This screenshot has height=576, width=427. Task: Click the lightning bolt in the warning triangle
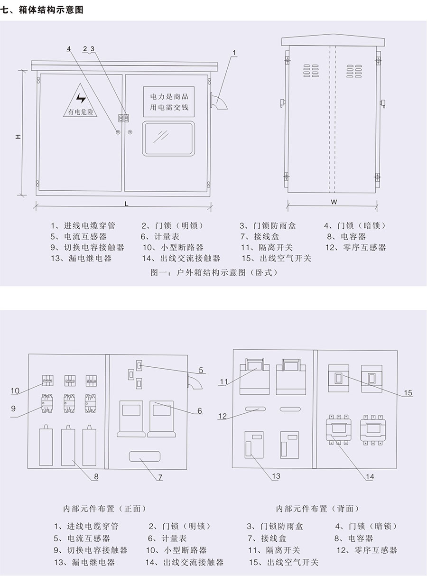tap(81, 98)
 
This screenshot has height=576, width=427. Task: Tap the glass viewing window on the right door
tap(168, 139)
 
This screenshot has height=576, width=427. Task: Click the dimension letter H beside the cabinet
tap(18, 136)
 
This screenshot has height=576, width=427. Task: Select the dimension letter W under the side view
tap(334, 202)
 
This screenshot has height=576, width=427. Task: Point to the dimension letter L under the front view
tap(126, 204)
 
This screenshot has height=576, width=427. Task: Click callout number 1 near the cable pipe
tap(234, 53)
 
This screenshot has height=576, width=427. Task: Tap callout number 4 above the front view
tap(69, 48)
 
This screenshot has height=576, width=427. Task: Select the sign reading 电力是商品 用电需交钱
tap(169, 102)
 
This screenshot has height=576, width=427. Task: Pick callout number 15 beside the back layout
tap(408, 393)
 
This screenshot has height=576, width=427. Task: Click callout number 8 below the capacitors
tap(96, 476)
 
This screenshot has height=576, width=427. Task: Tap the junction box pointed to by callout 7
tap(144, 456)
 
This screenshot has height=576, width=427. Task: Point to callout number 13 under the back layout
tap(276, 476)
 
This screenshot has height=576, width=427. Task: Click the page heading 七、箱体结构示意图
tap(42, 10)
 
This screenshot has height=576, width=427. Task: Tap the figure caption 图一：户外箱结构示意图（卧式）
tap(214, 272)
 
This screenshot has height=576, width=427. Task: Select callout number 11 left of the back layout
tap(223, 381)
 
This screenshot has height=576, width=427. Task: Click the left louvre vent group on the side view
tap(311, 71)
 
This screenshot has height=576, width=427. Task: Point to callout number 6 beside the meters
tap(199, 410)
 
